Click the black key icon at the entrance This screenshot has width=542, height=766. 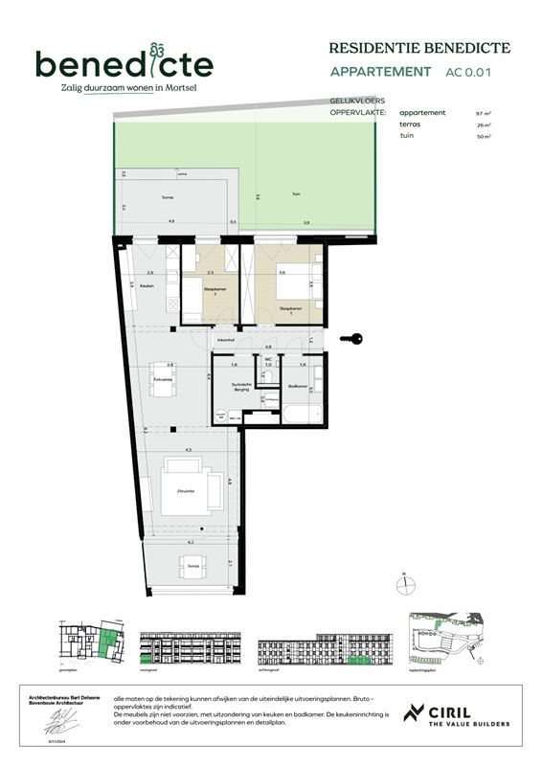354,337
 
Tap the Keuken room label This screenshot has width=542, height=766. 147,286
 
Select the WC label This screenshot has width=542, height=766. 269,360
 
